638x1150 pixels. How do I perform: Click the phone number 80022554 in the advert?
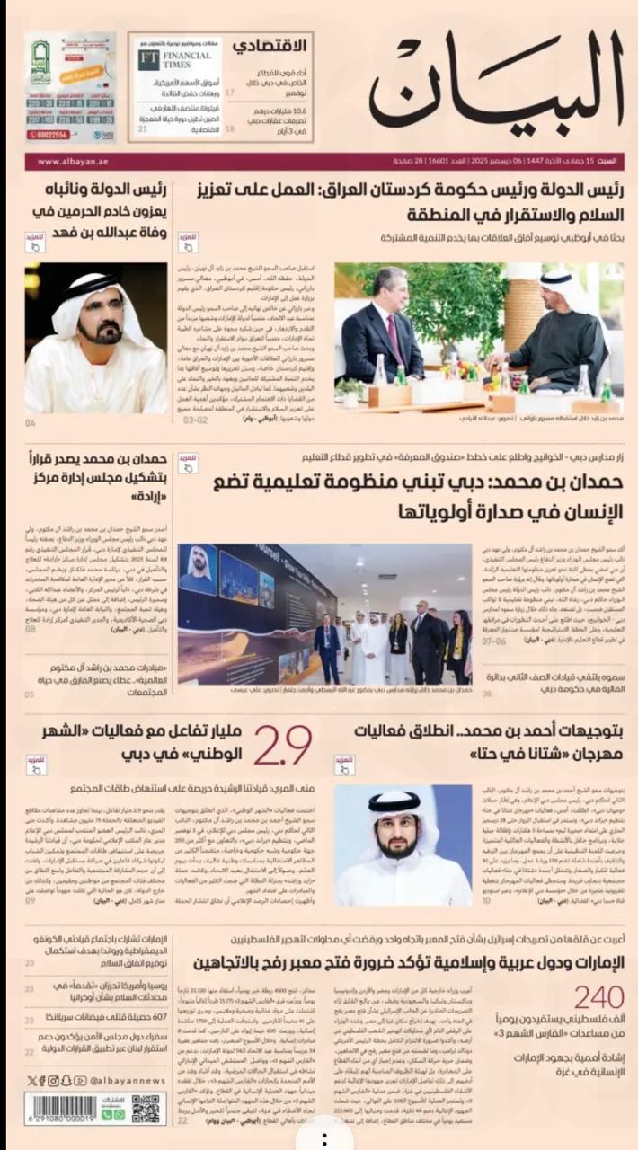point(47,135)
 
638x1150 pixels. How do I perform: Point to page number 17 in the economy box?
point(230,93)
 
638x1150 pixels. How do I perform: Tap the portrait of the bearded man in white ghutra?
point(403,833)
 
